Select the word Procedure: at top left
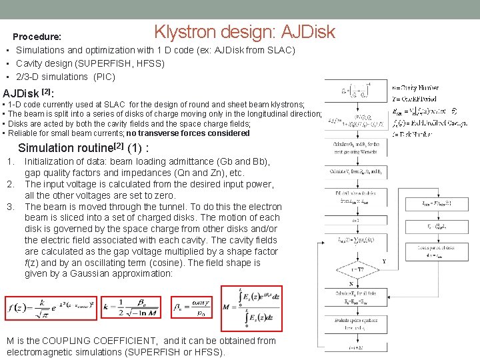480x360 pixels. (37, 37)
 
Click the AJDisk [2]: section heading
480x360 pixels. (29, 93)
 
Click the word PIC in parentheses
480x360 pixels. (103, 77)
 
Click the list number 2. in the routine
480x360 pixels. (11, 184)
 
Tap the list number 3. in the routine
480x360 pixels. (11, 207)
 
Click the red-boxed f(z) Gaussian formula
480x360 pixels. (48, 307)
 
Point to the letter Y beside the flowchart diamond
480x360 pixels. (383, 261)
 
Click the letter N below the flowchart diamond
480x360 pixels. (351, 283)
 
